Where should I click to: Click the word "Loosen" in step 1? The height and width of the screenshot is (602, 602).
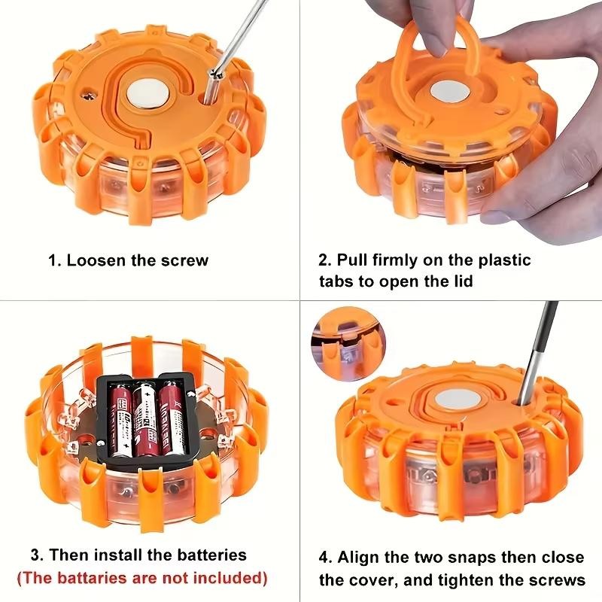click(x=96, y=261)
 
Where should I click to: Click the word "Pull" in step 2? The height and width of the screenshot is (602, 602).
click(x=353, y=260)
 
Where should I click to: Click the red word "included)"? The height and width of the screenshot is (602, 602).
click(x=230, y=578)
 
